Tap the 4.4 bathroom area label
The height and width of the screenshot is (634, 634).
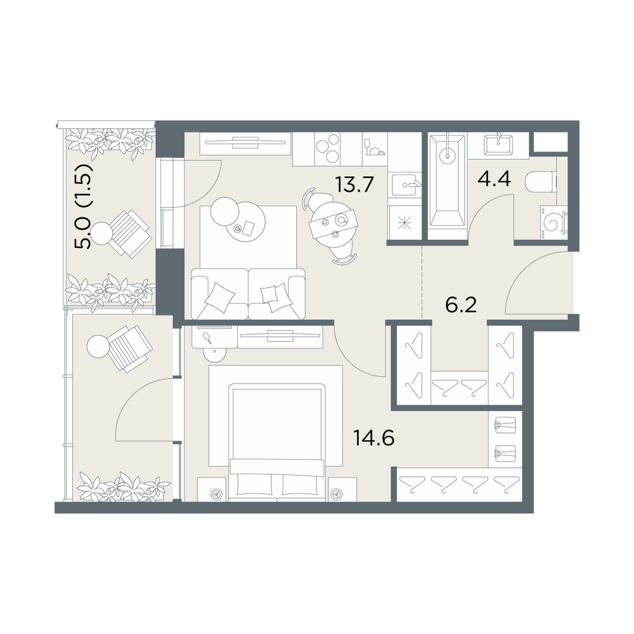(x=494, y=178)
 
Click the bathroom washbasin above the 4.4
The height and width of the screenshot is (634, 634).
(x=498, y=145)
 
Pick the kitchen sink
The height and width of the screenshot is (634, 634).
(x=406, y=185)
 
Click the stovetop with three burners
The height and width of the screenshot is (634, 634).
(x=328, y=149)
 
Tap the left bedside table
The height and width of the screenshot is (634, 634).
(x=212, y=489)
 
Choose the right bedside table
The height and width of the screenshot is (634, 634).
(x=342, y=489)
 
